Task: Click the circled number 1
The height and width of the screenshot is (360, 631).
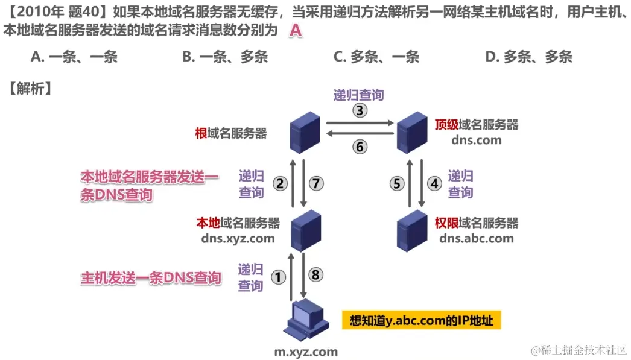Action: [278, 277]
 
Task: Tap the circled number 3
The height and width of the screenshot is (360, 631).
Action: [359, 111]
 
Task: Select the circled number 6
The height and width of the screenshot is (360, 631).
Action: [359, 147]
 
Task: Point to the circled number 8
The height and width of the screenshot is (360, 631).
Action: [317, 274]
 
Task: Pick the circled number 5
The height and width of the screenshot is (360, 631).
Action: [397, 184]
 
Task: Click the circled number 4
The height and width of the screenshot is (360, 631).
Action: [434, 184]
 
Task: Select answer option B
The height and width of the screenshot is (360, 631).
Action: [225, 57]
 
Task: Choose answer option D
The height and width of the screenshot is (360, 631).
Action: [528, 57]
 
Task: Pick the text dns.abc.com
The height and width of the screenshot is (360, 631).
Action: [477, 238]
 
